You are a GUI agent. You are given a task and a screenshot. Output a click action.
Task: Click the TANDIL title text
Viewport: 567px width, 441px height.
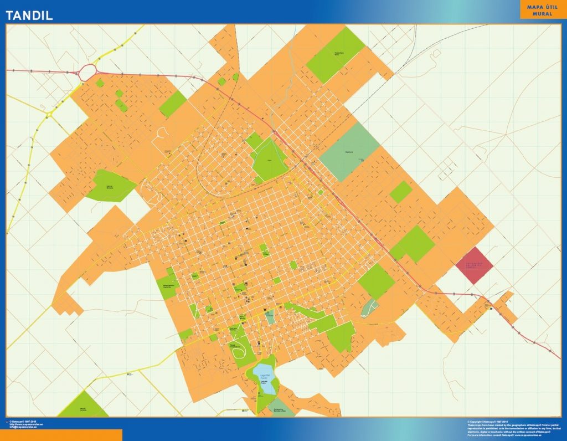click(x=30, y=16)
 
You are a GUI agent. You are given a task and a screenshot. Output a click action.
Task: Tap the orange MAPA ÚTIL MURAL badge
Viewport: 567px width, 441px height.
click(x=542, y=10)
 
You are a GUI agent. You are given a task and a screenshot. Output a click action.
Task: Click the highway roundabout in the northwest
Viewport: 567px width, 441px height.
click(x=87, y=72)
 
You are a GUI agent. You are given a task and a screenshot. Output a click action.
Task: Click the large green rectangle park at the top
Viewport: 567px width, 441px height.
click(x=336, y=55)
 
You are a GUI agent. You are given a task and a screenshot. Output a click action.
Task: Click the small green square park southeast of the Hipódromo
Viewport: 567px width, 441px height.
click(x=401, y=192)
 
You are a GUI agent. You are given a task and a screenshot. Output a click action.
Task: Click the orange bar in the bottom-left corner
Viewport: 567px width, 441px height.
click(x=61, y=435)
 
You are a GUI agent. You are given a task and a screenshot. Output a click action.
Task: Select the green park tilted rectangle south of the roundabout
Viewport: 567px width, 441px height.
click(x=173, y=104)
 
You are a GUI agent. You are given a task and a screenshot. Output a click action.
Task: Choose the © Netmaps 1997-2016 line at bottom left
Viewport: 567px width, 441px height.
click(x=25, y=422)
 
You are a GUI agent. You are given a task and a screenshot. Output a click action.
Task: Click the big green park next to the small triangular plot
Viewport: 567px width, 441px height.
click(x=376, y=281)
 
